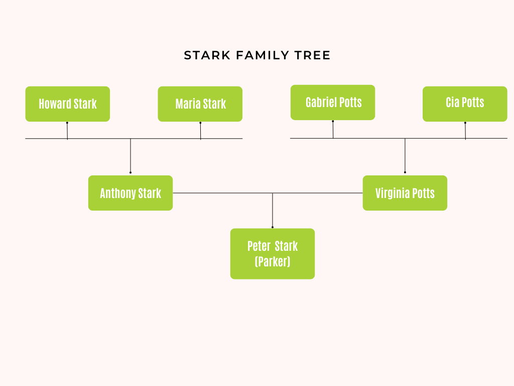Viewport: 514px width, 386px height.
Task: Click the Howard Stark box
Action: tap(68, 104)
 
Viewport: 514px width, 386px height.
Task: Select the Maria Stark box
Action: tap(200, 104)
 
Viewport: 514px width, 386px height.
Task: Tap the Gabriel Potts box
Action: tap(333, 103)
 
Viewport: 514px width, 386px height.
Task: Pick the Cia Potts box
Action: tap(465, 104)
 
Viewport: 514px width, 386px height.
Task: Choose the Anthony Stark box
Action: tap(131, 193)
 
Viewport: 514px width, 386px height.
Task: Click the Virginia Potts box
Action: tap(405, 193)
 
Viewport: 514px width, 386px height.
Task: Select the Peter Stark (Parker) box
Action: tap(273, 254)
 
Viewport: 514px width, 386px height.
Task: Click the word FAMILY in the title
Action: tap(262, 55)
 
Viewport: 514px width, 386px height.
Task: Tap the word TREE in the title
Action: tap(312, 55)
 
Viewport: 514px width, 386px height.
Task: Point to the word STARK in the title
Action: tap(207, 55)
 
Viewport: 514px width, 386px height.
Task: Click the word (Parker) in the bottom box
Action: tap(273, 261)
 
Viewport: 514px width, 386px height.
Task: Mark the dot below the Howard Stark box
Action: tap(67, 123)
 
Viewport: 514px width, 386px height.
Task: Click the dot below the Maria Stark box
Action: tap(200, 123)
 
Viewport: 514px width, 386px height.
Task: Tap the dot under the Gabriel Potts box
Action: tap(333, 121)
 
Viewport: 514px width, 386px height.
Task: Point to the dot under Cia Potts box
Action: tap(465, 123)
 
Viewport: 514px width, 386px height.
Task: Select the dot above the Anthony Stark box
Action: tap(131, 172)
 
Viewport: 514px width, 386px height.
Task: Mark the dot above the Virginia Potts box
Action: tap(405, 172)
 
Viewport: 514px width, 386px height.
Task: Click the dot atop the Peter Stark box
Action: tap(273, 227)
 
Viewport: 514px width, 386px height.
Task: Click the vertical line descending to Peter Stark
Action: tap(273, 210)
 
